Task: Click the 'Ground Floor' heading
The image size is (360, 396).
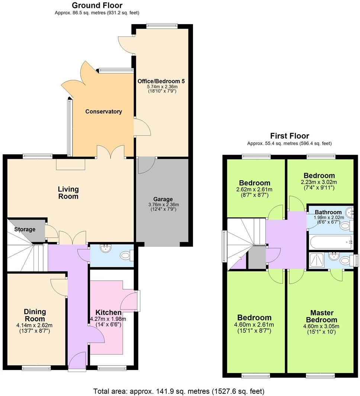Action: (97, 5)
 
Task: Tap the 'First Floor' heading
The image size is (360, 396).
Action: (289, 136)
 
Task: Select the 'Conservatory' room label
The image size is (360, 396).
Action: (103, 112)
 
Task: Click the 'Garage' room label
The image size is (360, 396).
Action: (163, 199)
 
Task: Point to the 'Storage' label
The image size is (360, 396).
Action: (25, 229)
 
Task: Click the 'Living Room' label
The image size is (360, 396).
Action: (68, 193)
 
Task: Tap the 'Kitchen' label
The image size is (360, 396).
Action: (108, 312)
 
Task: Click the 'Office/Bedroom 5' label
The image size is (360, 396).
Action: (161, 81)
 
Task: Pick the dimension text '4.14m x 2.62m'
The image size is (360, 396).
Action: (35, 325)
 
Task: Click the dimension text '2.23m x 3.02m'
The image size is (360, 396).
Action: (319, 182)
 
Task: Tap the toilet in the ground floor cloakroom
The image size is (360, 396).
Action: (126, 255)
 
